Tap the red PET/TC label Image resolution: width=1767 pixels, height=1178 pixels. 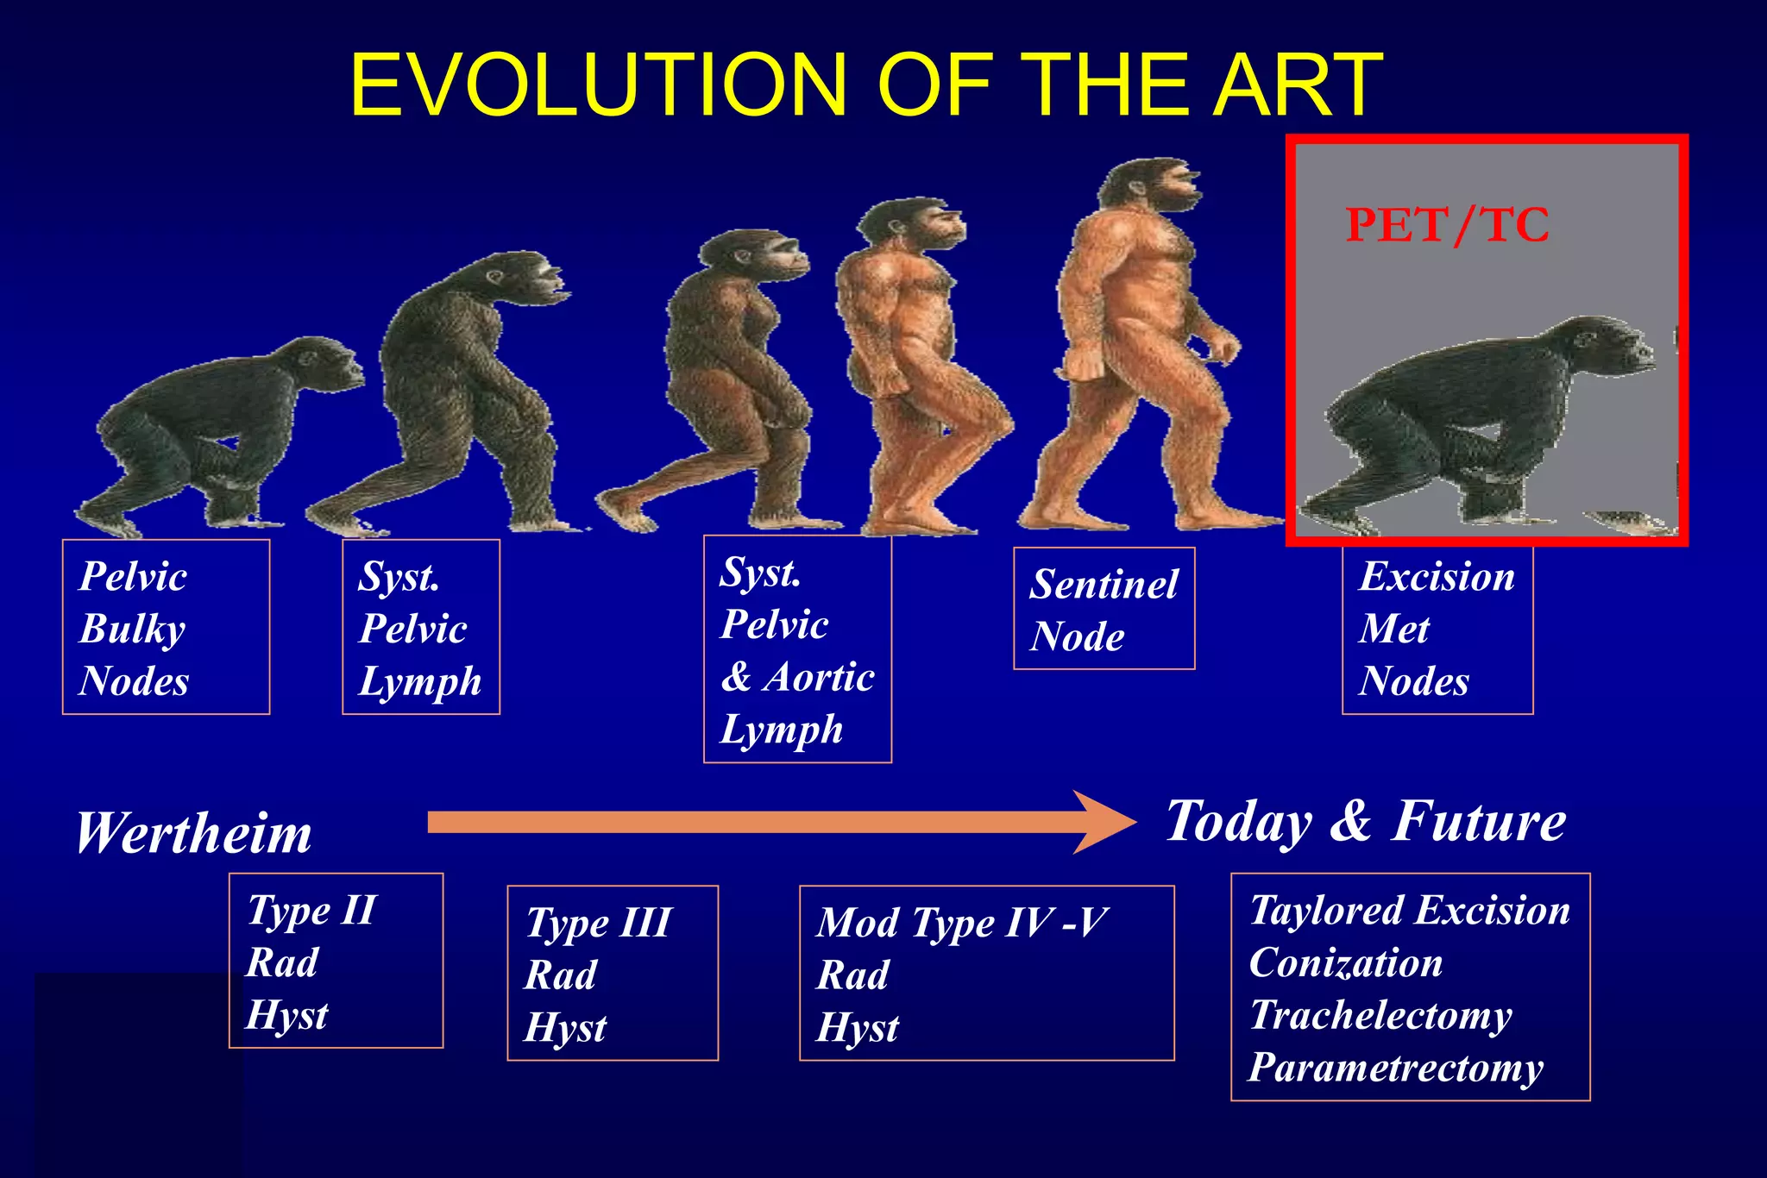tap(1447, 226)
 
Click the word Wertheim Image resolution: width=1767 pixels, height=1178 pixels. tap(193, 835)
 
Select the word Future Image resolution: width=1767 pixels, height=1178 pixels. tap(1479, 821)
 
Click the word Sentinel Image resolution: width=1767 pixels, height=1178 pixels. tap(1104, 585)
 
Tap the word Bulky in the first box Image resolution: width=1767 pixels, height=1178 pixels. tap(132, 629)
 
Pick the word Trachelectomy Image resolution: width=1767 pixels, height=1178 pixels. tap(1380, 1015)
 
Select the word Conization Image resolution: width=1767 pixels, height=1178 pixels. tap(1345, 963)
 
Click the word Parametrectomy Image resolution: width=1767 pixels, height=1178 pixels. tap(1395, 1068)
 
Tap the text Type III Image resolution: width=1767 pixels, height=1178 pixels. tap(598, 923)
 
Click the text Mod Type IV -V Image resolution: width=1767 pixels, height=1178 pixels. tap(961, 923)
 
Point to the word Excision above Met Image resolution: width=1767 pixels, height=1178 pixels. tap(1437, 577)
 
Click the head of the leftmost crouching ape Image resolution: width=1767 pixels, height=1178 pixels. tap(329, 362)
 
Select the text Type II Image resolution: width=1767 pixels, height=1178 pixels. tap(311, 911)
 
